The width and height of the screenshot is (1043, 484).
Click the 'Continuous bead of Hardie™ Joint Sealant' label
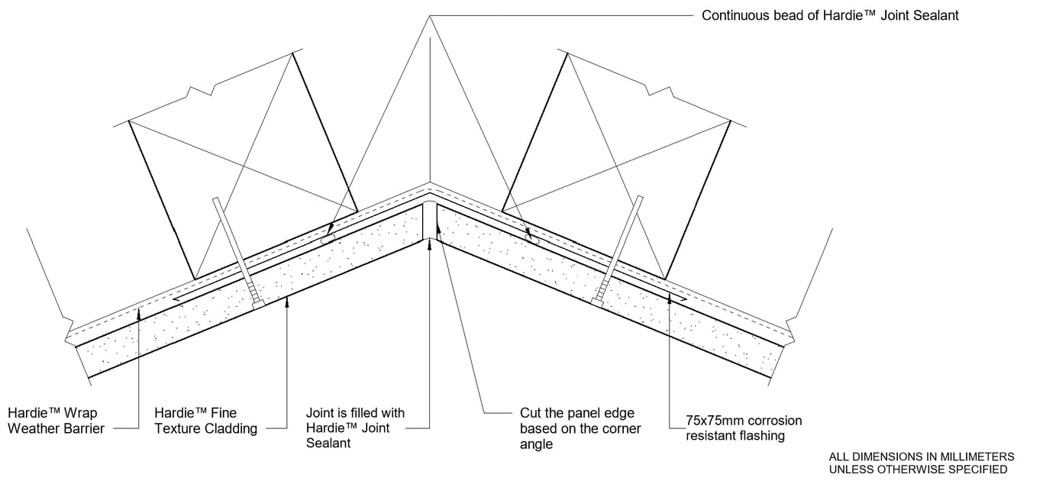[830, 15]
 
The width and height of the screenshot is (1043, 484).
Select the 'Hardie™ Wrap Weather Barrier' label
[56, 421]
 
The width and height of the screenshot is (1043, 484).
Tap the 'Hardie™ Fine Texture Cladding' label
[205, 421]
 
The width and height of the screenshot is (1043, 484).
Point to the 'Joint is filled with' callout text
[355, 413]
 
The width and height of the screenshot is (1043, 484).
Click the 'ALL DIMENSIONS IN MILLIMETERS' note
[922, 456]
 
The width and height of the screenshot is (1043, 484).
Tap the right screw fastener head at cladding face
[596, 302]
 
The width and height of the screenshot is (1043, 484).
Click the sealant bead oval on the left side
[329, 239]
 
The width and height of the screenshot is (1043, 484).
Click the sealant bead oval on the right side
[531, 237]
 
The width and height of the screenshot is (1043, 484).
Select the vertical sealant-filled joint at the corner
[430, 221]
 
